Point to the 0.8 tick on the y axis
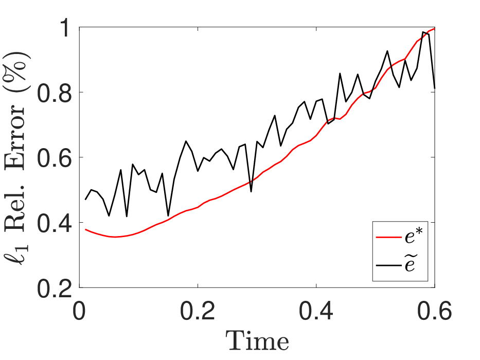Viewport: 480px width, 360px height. click(55, 92)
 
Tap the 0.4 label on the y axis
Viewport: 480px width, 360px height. click(55, 222)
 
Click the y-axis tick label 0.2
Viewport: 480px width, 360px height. click(55, 287)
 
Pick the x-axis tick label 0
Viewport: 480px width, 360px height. click(79, 311)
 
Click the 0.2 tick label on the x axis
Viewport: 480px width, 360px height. click(198, 311)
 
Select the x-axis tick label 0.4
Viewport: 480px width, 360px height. click(316, 311)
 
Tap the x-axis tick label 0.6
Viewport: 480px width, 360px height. click(434, 311)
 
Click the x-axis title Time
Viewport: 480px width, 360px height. click(257, 340)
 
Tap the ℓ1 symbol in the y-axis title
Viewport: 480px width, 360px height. click(15, 254)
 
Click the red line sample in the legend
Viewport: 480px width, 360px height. click(388, 237)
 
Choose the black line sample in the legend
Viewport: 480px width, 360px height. click(388, 265)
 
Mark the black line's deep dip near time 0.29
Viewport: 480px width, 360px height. click(251, 191)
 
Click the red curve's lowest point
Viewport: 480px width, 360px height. click(115, 237)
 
